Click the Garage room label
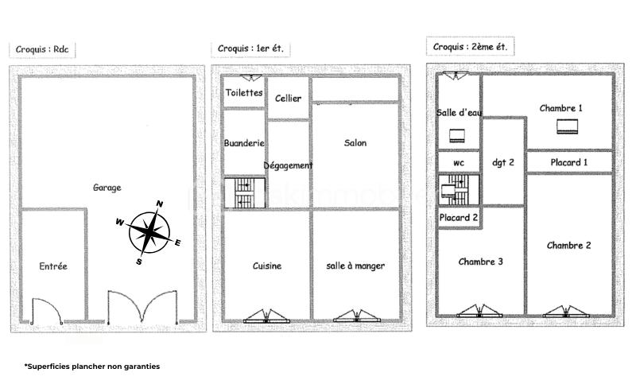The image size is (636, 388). pos(107,188)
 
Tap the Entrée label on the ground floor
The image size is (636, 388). pos(53,266)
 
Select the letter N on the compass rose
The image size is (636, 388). pos(160,204)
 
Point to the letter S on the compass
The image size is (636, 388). pos(139,262)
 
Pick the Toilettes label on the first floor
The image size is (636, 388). pos(244,92)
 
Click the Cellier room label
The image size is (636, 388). pos(288,99)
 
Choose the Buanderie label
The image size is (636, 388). pos(244,143)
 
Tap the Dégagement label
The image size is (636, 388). pos(288,165)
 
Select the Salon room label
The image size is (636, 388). pos(355,143)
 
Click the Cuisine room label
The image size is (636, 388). pos(267,266)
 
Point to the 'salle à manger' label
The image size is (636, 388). pos(355,266)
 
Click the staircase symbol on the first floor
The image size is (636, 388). pos(245,192)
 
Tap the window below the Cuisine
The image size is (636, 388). pos(266,316)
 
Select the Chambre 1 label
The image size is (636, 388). pos(561,108)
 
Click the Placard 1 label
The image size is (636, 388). pos(569,162)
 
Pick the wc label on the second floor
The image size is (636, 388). pos(459,163)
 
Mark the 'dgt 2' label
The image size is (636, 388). pos(503,162)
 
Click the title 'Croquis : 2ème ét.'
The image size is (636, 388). pos(470,47)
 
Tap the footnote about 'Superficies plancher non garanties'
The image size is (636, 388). pos(92,366)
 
